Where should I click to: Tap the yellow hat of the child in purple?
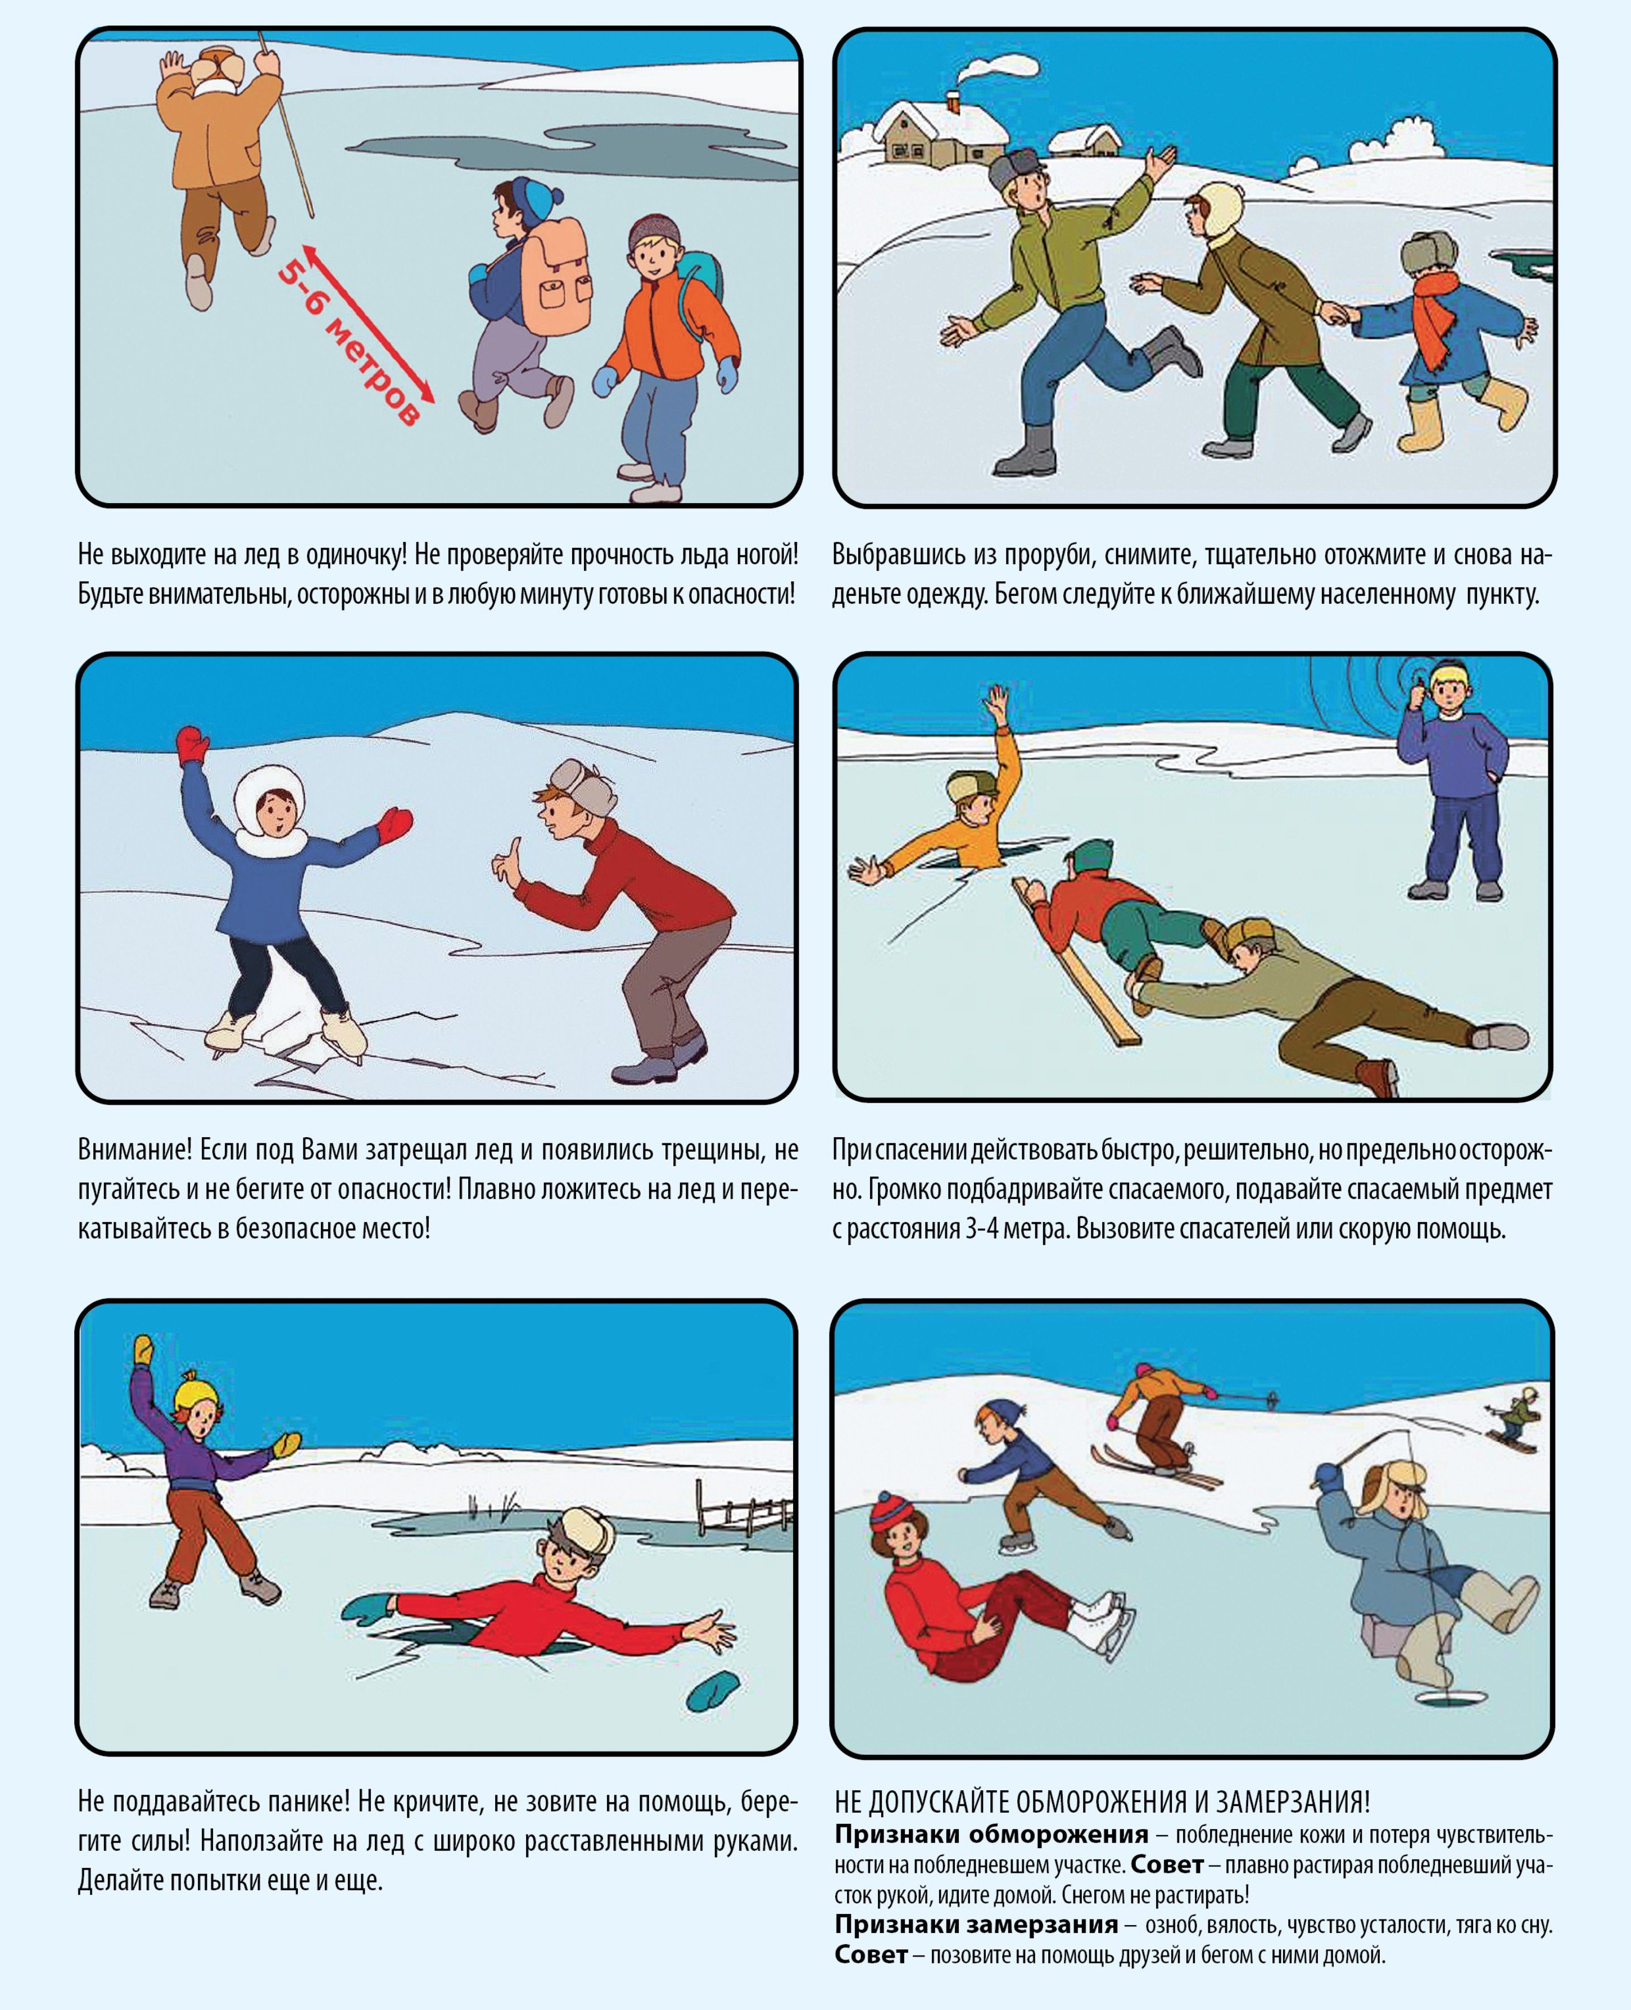[x=197, y=1393]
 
